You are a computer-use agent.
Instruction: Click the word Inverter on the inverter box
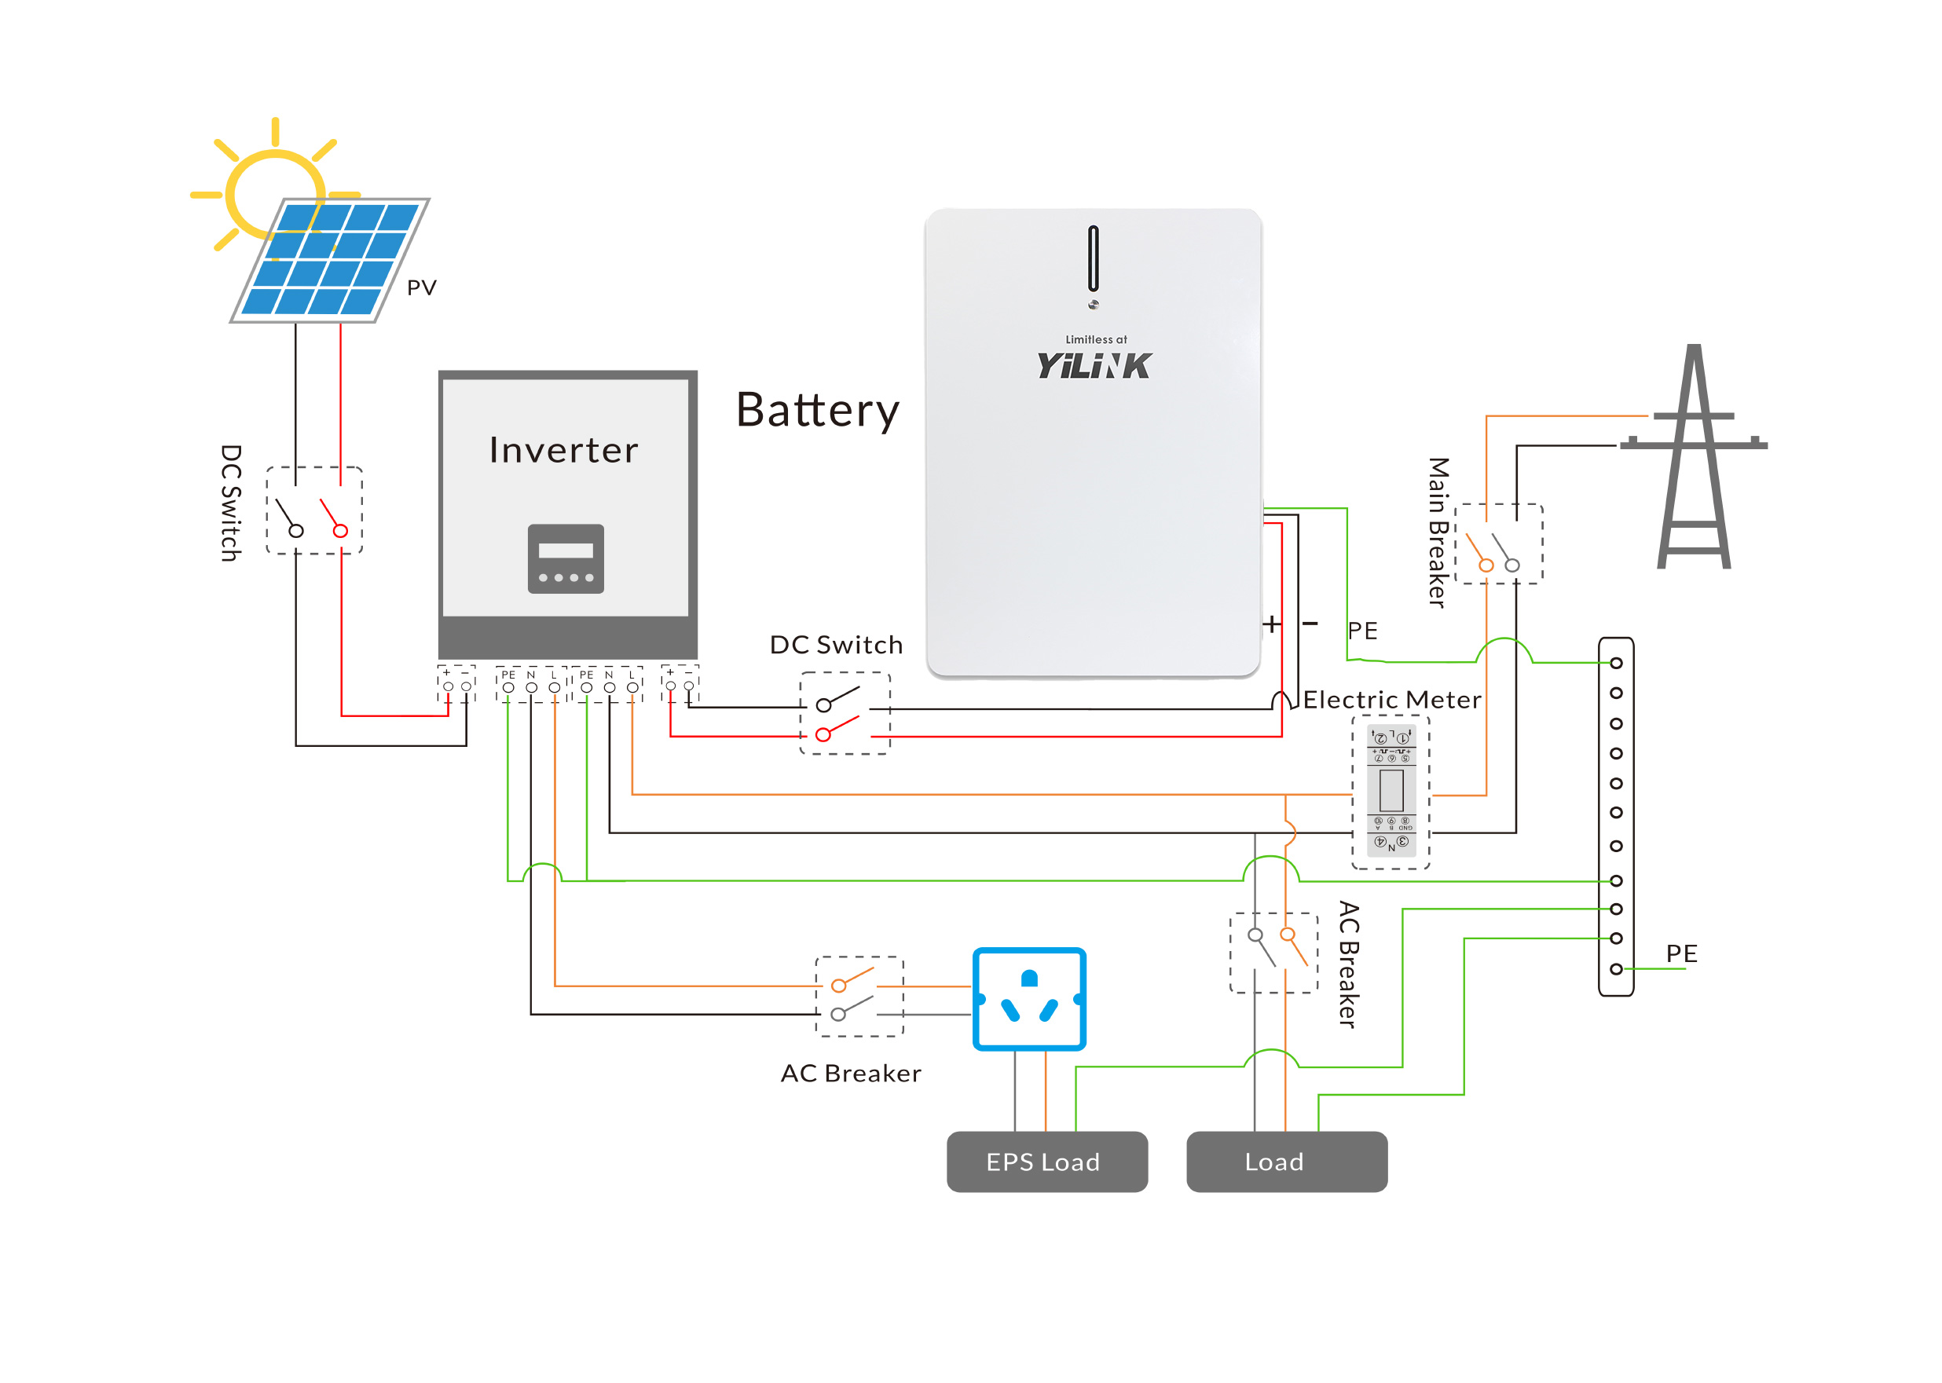(563, 450)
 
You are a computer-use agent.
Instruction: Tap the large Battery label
(817, 411)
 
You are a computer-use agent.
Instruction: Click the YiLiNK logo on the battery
(1094, 365)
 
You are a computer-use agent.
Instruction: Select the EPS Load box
(1046, 1161)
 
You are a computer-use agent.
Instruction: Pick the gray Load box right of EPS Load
(1286, 1161)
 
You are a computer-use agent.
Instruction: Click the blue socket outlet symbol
(1029, 999)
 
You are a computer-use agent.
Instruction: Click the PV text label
(421, 288)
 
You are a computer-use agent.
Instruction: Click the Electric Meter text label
(1392, 699)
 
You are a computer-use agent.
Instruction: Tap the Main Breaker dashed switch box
(1498, 543)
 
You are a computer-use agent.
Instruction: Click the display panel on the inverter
(566, 558)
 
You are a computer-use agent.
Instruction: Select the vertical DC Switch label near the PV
(231, 503)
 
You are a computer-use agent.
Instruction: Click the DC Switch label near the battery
(836, 645)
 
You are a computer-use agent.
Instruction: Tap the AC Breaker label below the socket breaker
(850, 1073)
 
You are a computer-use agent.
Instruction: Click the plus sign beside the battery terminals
(1272, 624)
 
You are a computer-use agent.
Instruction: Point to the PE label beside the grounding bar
(1680, 953)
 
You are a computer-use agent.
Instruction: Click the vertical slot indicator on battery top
(1093, 258)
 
